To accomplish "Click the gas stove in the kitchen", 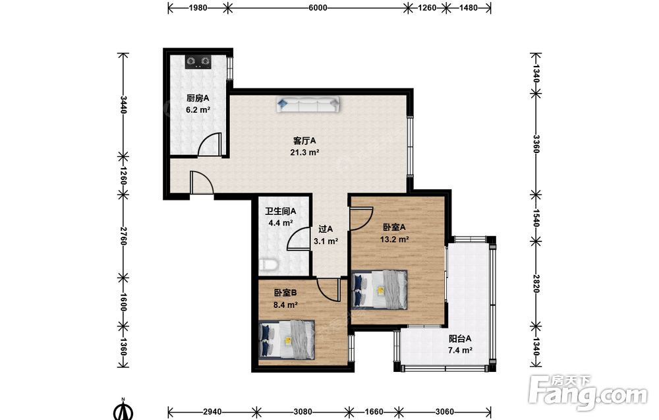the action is click(x=198, y=62).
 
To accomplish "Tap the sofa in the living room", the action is click(x=308, y=104).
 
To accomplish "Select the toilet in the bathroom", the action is click(x=268, y=265).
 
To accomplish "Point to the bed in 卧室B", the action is click(x=287, y=340).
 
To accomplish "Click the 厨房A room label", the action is click(x=198, y=98).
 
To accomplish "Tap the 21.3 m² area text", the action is click(x=304, y=152).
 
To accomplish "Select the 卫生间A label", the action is click(x=280, y=212).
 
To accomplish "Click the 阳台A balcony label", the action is click(x=460, y=338).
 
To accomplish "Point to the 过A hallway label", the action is click(x=326, y=229).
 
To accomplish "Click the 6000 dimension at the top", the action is click(x=318, y=7).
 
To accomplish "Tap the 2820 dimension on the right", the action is click(x=536, y=284).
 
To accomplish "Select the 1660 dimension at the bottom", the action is click(x=374, y=411).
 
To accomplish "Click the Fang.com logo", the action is click(x=588, y=393).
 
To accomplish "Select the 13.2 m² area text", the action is click(x=395, y=239).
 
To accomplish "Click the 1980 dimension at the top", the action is click(x=198, y=7).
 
